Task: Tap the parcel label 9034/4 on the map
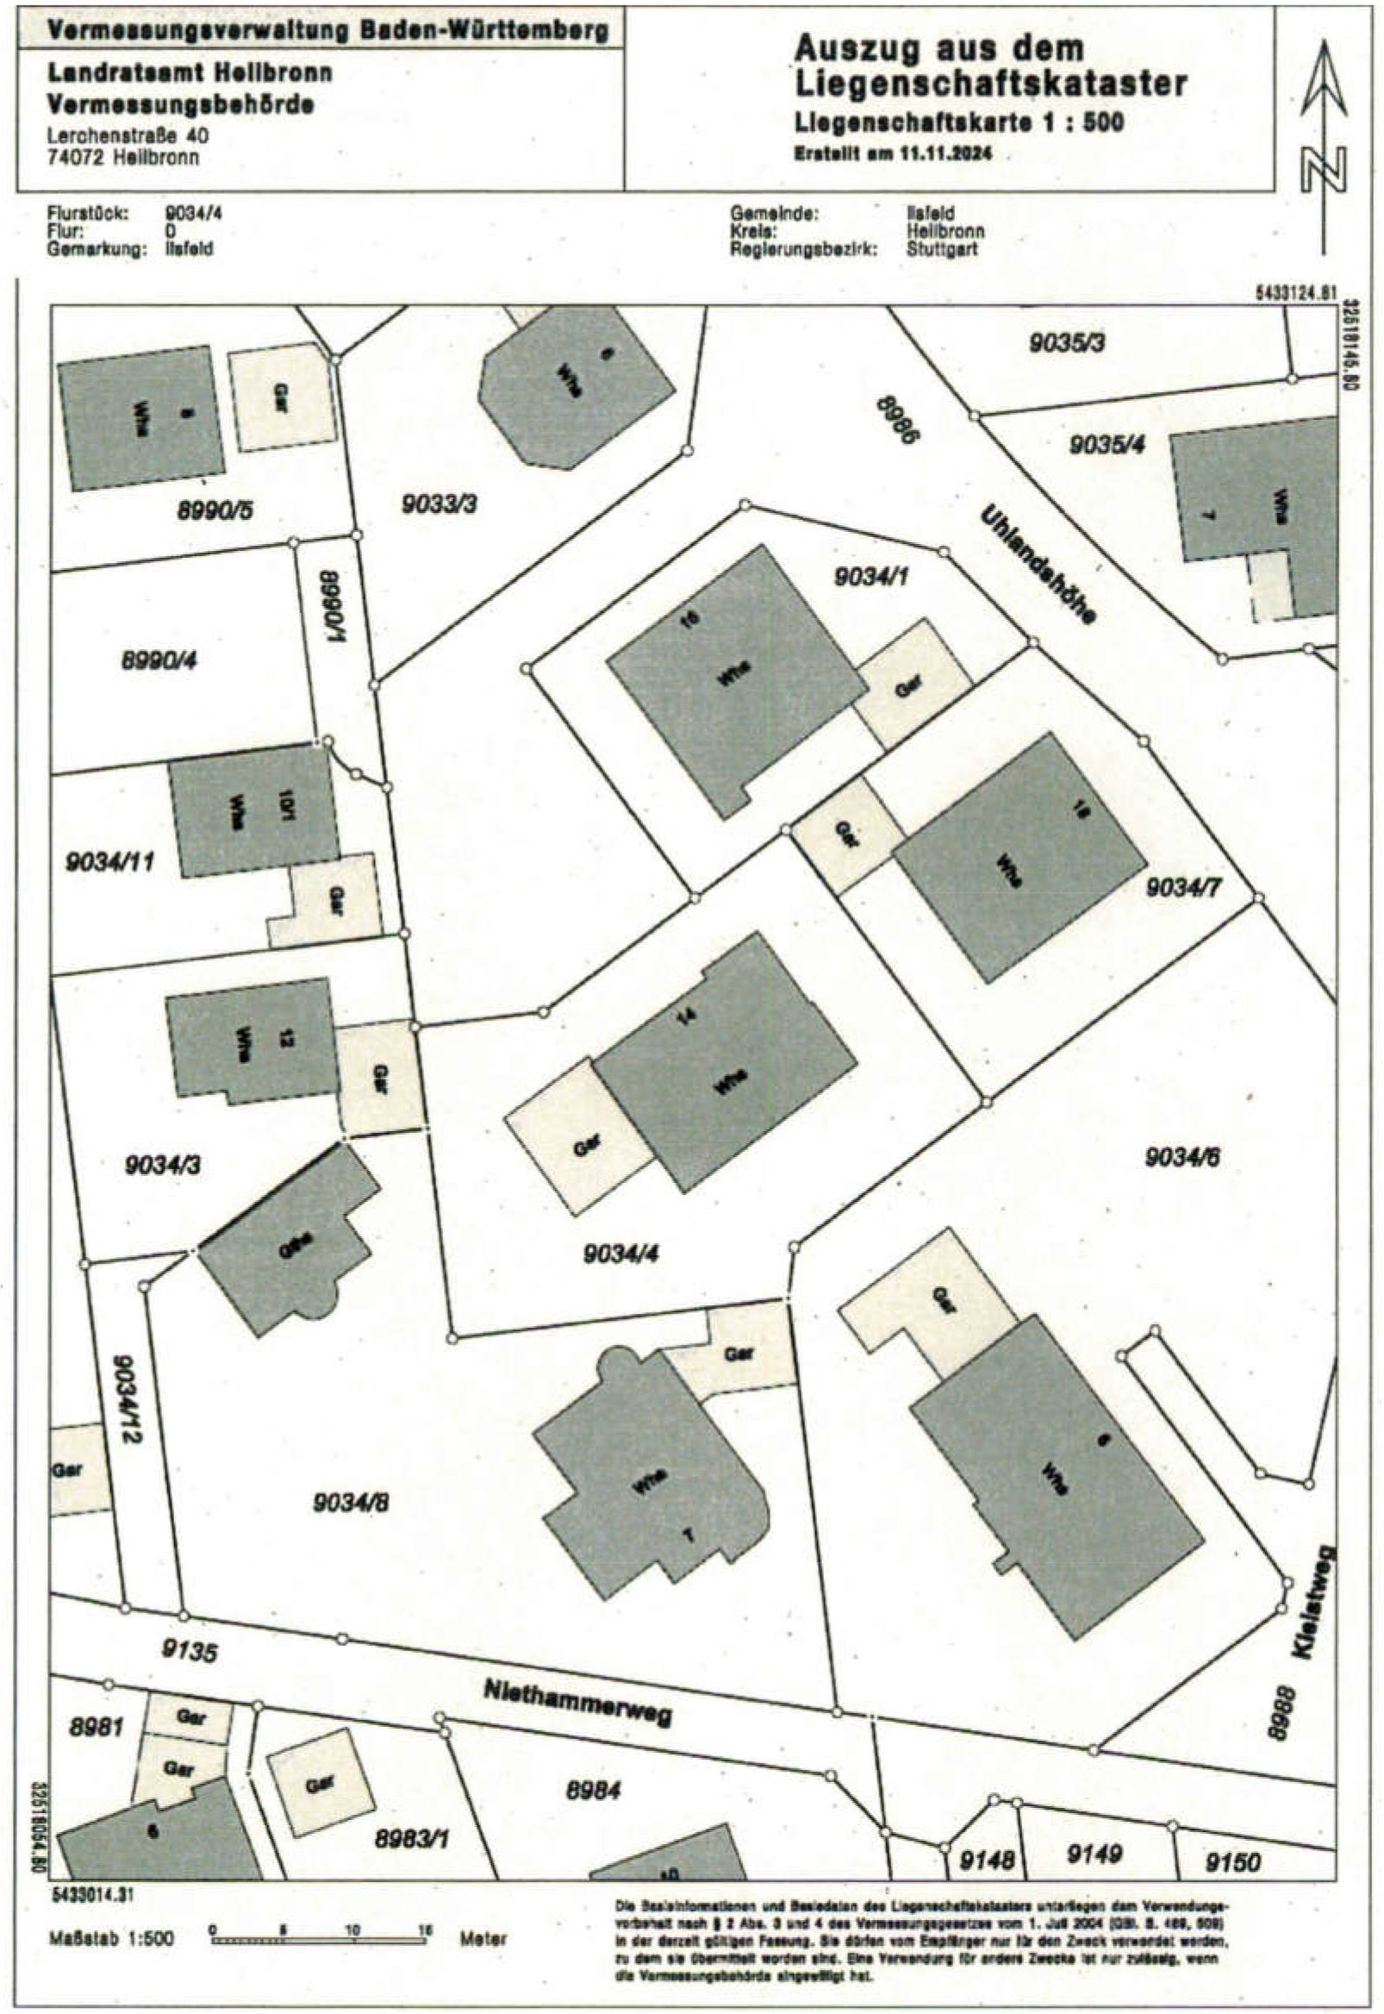coord(620,1253)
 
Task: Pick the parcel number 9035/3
coord(1067,343)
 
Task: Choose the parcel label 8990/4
coord(159,660)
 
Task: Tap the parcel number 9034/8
coord(351,1502)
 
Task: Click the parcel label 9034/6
coord(1183,1157)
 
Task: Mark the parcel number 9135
coord(190,1648)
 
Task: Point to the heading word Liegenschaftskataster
coord(990,84)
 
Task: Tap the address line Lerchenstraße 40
coord(128,136)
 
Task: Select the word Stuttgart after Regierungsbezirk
coord(943,249)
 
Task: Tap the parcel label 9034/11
coord(110,861)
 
